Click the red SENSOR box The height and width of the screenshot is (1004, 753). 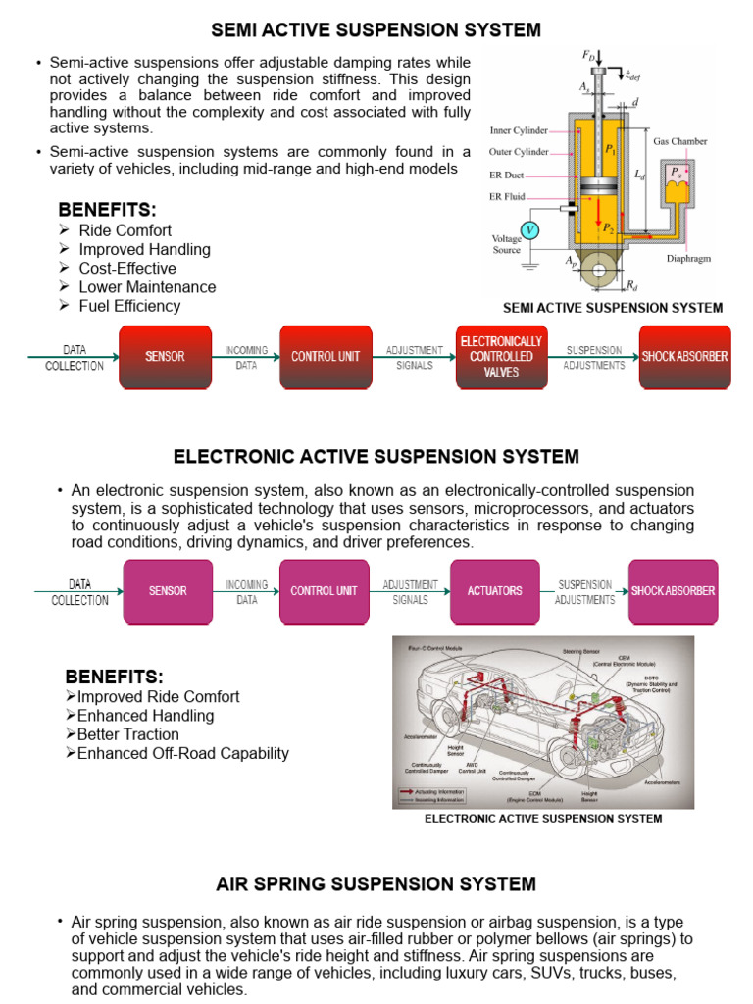point(165,356)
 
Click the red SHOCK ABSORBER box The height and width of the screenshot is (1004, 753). point(684,356)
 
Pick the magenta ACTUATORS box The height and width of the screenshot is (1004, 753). point(494,591)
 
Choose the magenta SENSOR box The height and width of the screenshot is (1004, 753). point(167,591)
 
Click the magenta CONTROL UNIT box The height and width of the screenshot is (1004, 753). point(324,591)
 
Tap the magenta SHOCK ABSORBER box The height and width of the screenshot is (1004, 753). point(673,591)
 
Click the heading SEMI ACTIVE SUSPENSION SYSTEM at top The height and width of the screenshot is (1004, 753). point(376,30)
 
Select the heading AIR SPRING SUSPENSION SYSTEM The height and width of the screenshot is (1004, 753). point(376,884)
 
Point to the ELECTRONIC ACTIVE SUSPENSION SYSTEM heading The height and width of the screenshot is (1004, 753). point(376,457)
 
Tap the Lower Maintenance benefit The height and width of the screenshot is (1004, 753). point(147,287)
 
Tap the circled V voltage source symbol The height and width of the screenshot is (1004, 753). point(530,230)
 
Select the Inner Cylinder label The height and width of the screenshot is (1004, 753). point(520,129)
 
